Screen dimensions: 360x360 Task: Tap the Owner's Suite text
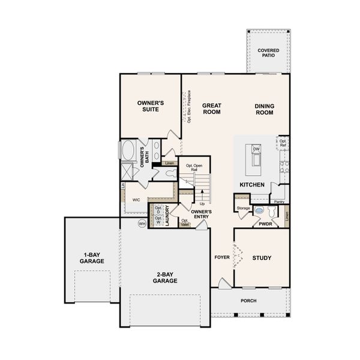151,106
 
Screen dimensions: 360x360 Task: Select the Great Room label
212,108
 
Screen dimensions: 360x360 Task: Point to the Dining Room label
264,109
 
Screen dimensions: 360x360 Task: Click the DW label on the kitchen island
256,149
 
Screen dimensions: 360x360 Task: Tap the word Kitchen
252,184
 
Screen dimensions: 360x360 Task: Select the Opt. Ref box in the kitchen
283,143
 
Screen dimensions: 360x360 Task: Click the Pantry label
278,202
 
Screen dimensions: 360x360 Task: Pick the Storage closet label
243,208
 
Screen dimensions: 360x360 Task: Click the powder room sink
259,211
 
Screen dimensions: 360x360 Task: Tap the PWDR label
266,223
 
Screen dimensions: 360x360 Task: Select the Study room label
262,258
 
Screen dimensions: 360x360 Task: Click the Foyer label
223,257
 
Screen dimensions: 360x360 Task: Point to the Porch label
248,301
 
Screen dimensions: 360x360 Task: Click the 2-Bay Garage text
164,277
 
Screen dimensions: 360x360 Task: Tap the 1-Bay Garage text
92,258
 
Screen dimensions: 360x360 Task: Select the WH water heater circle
142,223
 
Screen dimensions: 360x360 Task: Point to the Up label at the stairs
202,203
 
